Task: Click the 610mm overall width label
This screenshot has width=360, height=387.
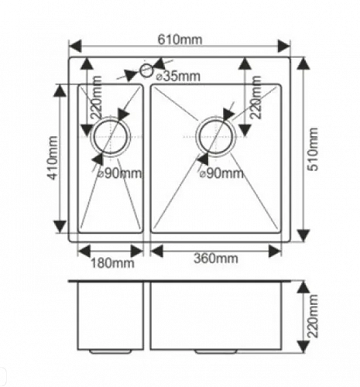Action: [180, 40]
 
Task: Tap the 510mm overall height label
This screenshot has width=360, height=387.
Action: [314, 149]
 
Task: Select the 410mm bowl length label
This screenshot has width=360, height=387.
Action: [53, 158]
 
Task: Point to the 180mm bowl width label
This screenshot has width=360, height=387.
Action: [112, 263]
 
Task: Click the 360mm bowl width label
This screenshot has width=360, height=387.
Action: [216, 259]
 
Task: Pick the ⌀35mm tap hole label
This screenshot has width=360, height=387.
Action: [178, 76]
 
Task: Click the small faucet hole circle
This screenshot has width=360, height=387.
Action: [147, 70]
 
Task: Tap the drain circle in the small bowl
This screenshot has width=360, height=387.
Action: [111, 136]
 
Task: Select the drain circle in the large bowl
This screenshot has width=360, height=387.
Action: [216, 136]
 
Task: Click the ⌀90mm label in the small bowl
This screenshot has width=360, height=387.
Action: [119, 174]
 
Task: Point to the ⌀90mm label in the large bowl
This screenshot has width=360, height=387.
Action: [221, 174]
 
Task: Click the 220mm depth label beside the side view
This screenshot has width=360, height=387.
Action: [313, 316]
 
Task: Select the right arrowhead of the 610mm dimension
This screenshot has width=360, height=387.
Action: [283, 46]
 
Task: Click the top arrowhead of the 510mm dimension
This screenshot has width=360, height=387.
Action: [303, 63]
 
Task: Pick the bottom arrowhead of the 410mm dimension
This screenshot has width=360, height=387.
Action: [60, 227]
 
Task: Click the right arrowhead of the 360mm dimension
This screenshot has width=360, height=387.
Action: [275, 251]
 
